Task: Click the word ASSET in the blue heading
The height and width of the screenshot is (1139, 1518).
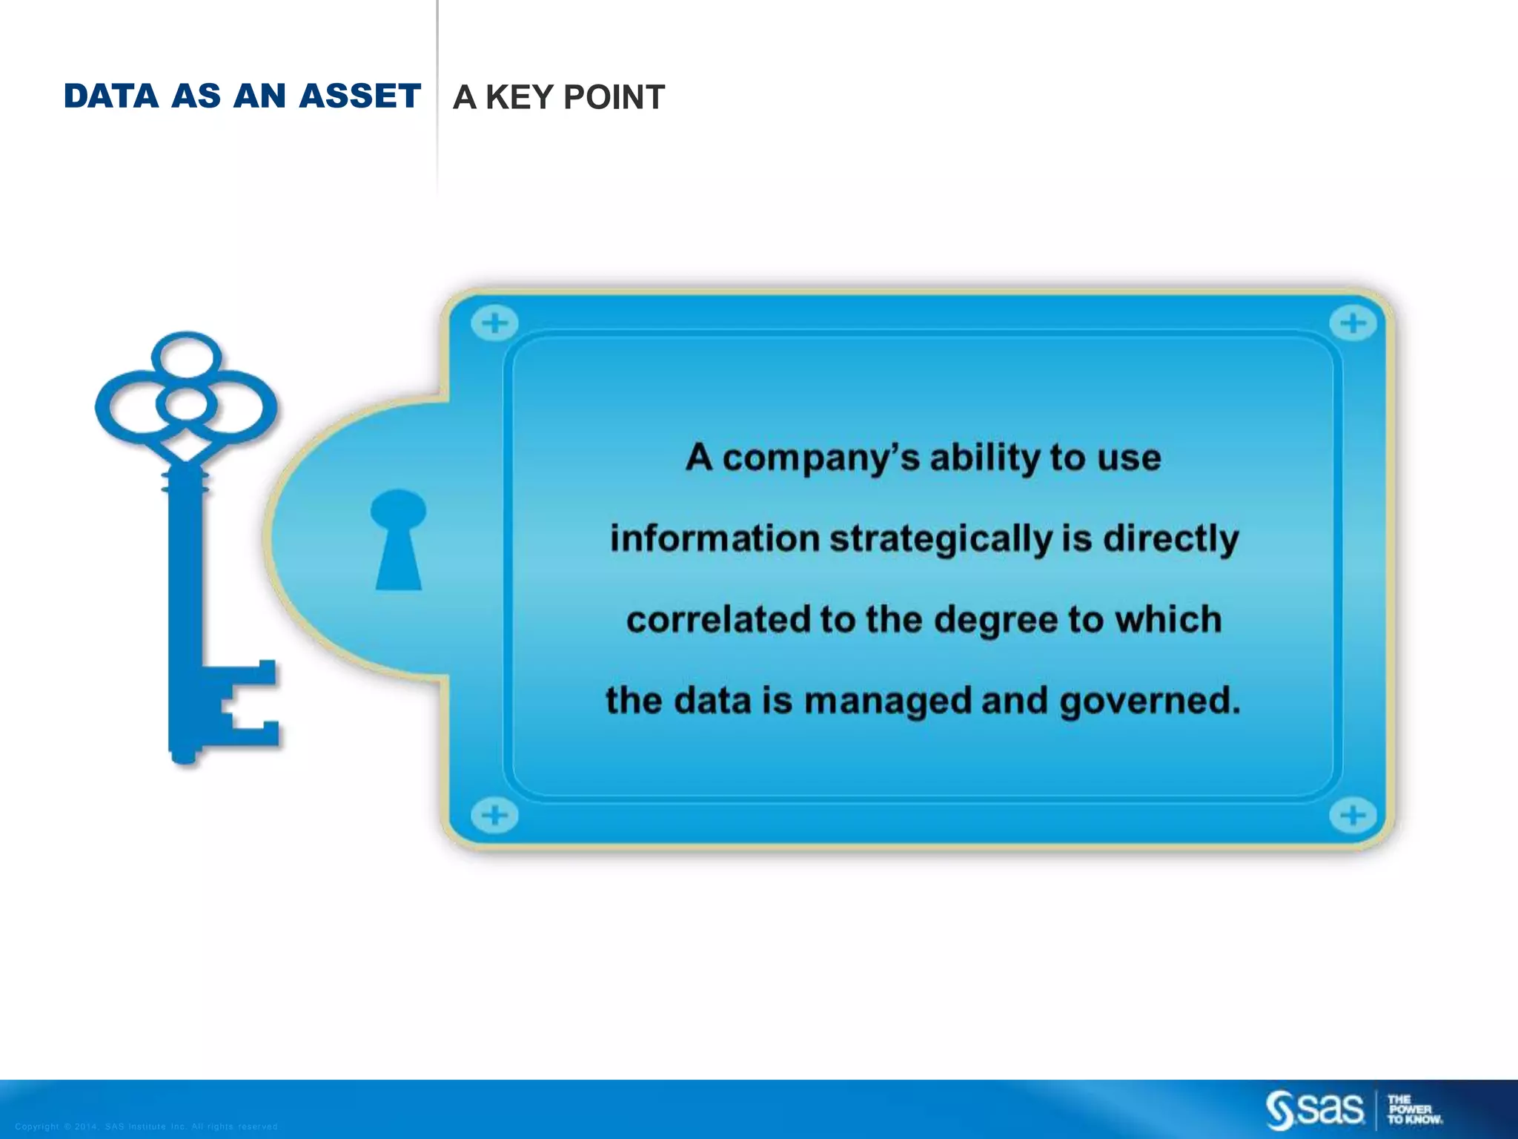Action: [360, 96]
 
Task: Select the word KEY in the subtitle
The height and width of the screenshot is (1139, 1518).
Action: [520, 98]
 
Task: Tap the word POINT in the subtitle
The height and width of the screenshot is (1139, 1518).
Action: [614, 98]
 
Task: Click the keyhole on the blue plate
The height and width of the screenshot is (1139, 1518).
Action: [399, 538]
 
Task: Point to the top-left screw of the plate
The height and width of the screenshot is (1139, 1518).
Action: [494, 323]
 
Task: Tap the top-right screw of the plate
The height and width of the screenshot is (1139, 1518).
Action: [1352, 323]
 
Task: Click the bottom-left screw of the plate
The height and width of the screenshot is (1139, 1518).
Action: [494, 816]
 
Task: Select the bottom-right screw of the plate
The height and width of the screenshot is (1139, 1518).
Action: [1352, 816]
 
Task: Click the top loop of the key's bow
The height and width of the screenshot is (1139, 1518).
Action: [186, 355]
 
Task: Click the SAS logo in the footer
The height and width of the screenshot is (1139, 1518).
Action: [1315, 1109]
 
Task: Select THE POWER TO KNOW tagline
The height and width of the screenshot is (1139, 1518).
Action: [1414, 1109]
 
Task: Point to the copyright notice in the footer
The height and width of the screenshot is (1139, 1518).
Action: [146, 1126]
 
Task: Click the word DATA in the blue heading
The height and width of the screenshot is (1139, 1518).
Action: [111, 96]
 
